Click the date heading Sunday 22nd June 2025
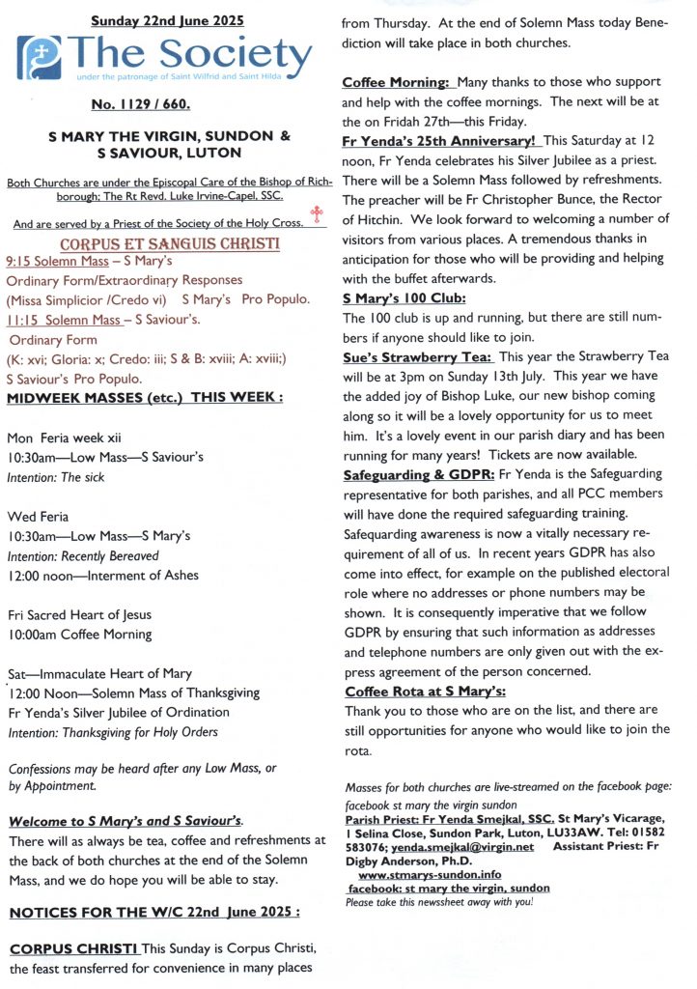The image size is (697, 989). click(x=167, y=20)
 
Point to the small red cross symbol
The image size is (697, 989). click(x=315, y=213)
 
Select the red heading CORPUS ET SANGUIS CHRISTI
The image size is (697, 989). click(x=170, y=244)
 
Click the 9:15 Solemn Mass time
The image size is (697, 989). click(x=59, y=263)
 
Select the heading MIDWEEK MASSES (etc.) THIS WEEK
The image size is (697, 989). click(x=145, y=398)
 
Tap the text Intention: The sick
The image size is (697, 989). click(x=56, y=477)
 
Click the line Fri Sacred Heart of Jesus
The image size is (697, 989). click(x=79, y=614)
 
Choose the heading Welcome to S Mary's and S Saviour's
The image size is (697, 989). click(x=125, y=821)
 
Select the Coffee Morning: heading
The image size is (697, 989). click(x=398, y=83)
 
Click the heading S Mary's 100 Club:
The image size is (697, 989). click(x=404, y=297)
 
